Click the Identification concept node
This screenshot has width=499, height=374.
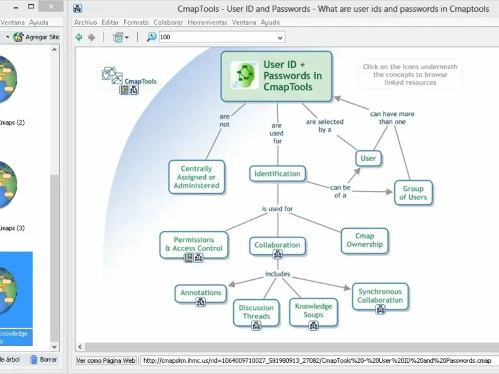pyautogui.click(x=277, y=174)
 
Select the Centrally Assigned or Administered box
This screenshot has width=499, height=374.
pyautogui.click(x=196, y=177)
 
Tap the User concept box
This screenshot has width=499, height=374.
pyautogui.click(x=368, y=158)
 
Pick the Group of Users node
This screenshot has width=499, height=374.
pyautogui.click(x=413, y=193)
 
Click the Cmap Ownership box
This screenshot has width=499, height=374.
pyautogui.click(x=365, y=241)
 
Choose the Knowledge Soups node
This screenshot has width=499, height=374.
pyautogui.click(x=313, y=310)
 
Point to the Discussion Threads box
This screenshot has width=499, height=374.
pyautogui.click(x=256, y=312)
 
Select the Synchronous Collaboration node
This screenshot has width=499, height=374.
pyautogui.click(x=380, y=295)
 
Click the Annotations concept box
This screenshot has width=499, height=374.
pyautogui.click(x=201, y=292)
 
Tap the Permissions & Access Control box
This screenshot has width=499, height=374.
pyautogui.click(x=193, y=244)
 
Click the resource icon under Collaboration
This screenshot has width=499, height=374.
pyautogui.click(x=278, y=255)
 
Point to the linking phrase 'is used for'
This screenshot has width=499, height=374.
pyautogui.click(x=277, y=209)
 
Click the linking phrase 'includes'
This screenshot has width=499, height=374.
pyautogui.click(x=278, y=274)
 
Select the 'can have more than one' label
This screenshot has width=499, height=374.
pyautogui.click(x=392, y=118)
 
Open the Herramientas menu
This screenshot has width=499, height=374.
pyautogui.click(x=207, y=22)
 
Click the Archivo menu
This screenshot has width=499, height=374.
pyautogui.click(x=85, y=22)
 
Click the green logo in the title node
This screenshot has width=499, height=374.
pyautogui.click(x=245, y=75)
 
